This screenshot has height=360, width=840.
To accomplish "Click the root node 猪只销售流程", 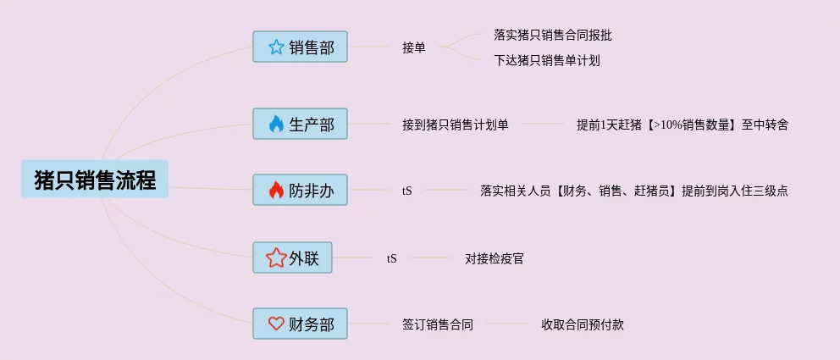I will click(x=95, y=180).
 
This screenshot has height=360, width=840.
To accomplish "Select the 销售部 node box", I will click(x=300, y=47).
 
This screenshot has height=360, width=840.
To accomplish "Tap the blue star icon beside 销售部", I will click(x=276, y=47).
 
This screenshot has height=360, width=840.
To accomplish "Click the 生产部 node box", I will click(x=300, y=125).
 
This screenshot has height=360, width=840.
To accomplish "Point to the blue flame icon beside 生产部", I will click(x=276, y=125).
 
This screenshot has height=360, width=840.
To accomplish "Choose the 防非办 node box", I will click(x=300, y=191).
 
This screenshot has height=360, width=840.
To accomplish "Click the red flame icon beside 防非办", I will click(x=276, y=191).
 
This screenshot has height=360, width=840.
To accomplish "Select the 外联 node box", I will click(x=292, y=258).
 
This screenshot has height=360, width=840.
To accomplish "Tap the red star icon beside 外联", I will click(x=276, y=258).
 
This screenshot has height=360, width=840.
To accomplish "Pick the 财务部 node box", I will click(x=300, y=324).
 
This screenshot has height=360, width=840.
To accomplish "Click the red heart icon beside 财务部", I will click(x=276, y=324).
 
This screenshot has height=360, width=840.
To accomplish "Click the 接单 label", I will click(x=414, y=47).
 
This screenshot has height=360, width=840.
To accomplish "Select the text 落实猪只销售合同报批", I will click(x=553, y=35).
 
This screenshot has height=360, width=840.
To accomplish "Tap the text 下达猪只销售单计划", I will click(x=547, y=60).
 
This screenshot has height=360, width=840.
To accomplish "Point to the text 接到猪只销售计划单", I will click(x=456, y=125).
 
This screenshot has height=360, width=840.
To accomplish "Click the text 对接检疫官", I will click(x=495, y=258).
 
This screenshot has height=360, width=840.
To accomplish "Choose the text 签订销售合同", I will click(x=438, y=324).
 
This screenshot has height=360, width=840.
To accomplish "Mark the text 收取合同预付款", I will click(x=583, y=324).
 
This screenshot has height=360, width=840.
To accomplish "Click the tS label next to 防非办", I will click(x=407, y=191).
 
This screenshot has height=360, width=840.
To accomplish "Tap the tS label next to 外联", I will click(x=391, y=258).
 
